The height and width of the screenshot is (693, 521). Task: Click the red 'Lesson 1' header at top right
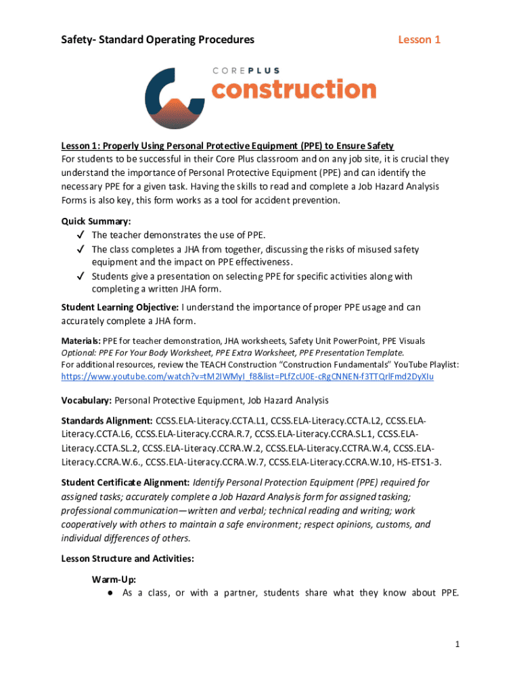(419, 40)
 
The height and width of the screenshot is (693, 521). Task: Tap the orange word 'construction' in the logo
(294, 89)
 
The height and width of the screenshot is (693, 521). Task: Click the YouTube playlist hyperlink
(247, 376)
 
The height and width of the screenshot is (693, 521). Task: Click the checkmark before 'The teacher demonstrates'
(80, 236)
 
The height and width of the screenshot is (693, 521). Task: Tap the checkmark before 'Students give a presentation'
(80, 277)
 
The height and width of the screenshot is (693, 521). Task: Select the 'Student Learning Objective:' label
(116, 307)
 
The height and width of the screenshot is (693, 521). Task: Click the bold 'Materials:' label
(81, 341)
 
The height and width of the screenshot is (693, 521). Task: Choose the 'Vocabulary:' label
(87, 400)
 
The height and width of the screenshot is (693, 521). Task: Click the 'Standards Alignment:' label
(107, 420)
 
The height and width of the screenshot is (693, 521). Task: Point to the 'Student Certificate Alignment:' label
(125, 483)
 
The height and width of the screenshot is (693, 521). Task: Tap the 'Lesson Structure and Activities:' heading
(128, 558)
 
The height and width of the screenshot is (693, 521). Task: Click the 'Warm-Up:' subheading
(113, 580)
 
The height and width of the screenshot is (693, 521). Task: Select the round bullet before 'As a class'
(109, 594)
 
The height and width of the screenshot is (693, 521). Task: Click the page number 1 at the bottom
(457, 645)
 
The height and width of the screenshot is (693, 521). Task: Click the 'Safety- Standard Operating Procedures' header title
(158, 40)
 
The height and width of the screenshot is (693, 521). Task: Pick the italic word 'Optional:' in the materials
(80, 353)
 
